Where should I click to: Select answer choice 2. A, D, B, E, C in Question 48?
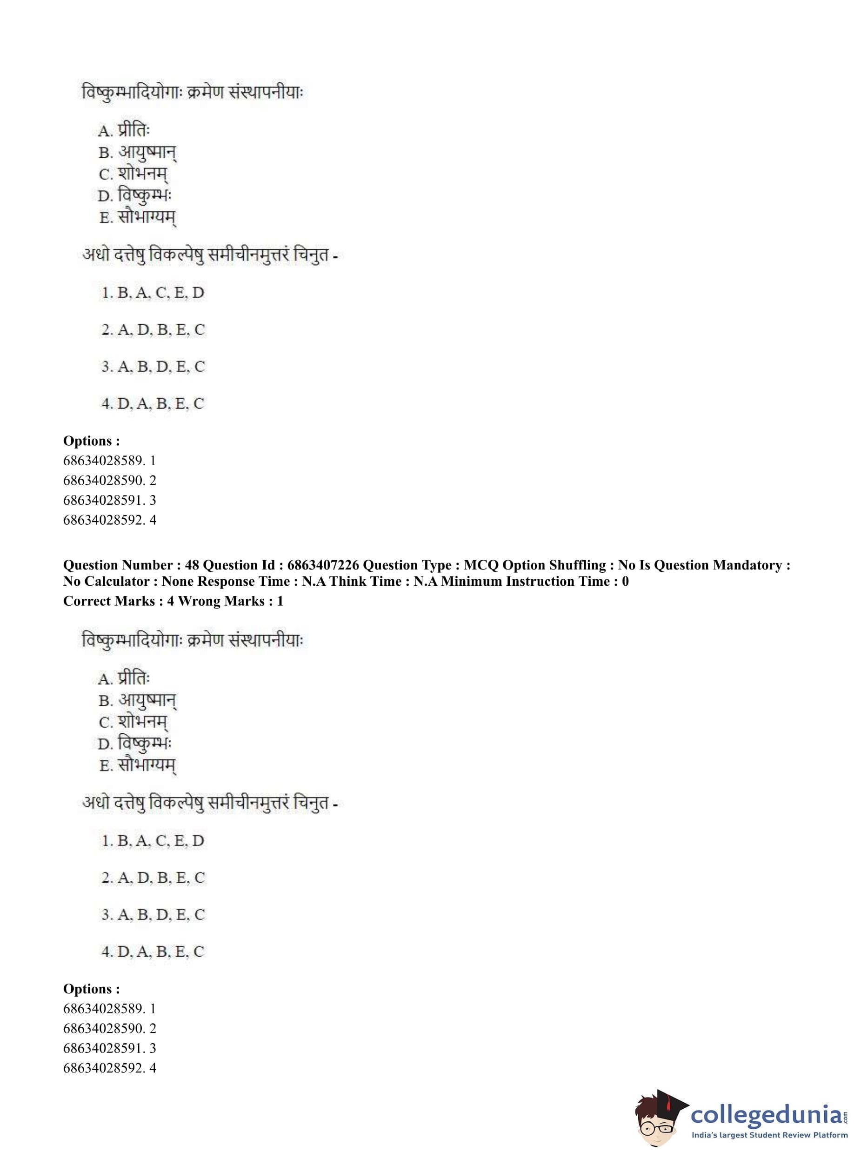(x=153, y=877)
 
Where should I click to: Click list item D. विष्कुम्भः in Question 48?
(x=134, y=743)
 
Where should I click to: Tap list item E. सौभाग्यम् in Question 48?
(x=138, y=765)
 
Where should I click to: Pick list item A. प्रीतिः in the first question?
(x=124, y=130)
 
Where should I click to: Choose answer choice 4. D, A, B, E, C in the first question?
(x=153, y=403)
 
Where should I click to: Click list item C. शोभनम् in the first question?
(x=133, y=174)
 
